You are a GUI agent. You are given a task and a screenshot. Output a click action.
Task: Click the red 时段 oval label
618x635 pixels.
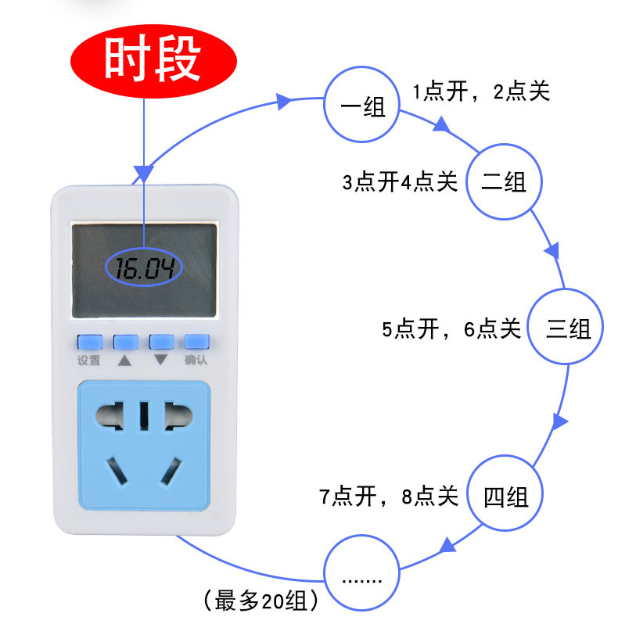(x=153, y=61)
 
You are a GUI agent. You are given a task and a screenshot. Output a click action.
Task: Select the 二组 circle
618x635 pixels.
(x=503, y=183)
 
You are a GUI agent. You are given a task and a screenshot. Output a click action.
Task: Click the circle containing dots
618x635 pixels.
(x=361, y=575)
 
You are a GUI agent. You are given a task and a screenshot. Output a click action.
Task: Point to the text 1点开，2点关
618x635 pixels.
(x=482, y=91)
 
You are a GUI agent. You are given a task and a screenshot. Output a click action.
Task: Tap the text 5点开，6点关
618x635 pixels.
(x=451, y=328)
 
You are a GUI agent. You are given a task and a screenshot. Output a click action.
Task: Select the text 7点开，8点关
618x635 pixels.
(x=388, y=496)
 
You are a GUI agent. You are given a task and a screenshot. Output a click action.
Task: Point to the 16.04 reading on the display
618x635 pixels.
(x=144, y=269)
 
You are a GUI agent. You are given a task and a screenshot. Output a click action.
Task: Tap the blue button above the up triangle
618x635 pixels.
(x=126, y=342)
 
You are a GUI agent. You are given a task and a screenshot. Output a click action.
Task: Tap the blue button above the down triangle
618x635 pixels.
(x=161, y=342)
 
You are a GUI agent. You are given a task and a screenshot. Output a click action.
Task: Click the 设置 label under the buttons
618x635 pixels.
(x=89, y=361)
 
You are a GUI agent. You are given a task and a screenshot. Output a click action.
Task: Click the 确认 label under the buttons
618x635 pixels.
(x=196, y=361)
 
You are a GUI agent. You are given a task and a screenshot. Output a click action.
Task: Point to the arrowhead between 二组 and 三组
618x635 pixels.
(x=552, y=250)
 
